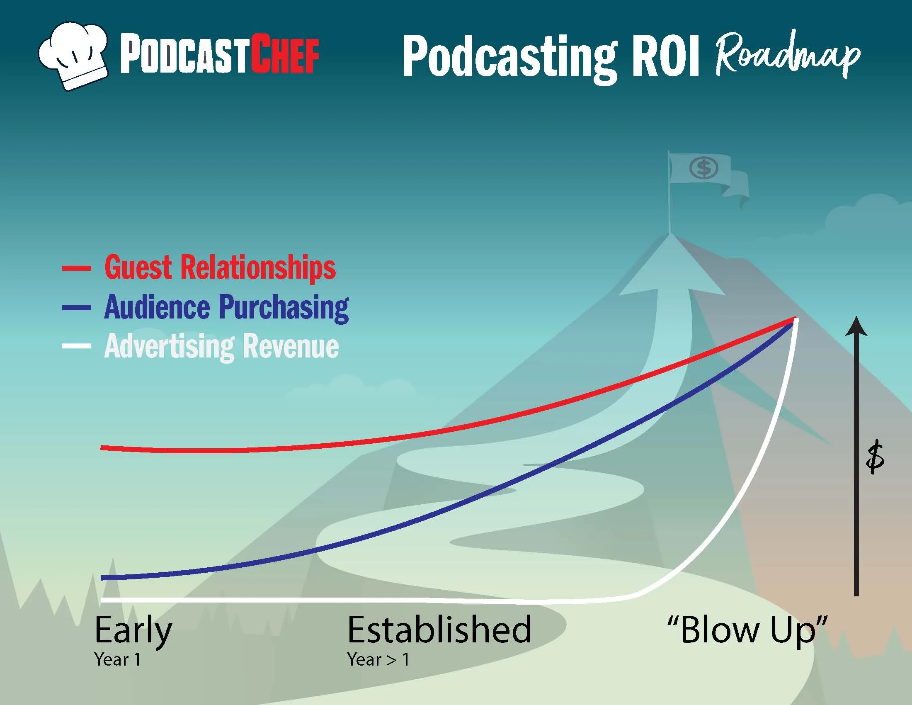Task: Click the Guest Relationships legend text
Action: point(220,268)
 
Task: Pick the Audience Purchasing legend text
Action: point(226,307)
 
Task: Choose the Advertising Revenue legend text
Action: point(221,347)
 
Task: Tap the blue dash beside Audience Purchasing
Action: point(76,308)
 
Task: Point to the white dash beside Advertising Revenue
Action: point(76,346)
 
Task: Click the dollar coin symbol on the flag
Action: point(703,168)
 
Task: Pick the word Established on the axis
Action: point(439,630)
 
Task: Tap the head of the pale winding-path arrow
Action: point(672,267)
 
